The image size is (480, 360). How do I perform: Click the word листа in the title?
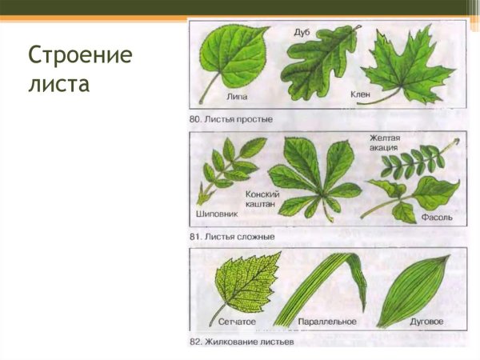pos(58,83)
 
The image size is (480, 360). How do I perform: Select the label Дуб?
pos(301,32)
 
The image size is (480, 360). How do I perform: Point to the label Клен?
pos(361,94)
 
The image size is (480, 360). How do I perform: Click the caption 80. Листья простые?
pos(231,119)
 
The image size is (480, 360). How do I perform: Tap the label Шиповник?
pos(215,214)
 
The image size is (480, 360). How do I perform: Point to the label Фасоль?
pos(435,217)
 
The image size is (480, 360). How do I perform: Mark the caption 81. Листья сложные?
pos(232,237)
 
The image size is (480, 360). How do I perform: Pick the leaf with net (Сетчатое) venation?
pos(243,283)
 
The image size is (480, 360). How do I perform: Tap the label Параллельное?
pos(327,322)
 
